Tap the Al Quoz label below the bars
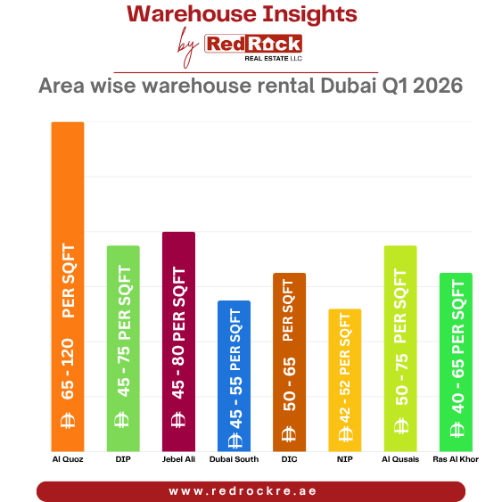(67, 459)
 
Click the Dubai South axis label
(234, 459)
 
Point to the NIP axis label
(345, 459)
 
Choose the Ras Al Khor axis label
(456, 459)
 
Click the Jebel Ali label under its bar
(178, 459)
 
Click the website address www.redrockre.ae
(251, 491)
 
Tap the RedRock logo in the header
(253, 45)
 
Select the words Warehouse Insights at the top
(242, 14)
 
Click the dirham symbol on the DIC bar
(289, 434)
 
